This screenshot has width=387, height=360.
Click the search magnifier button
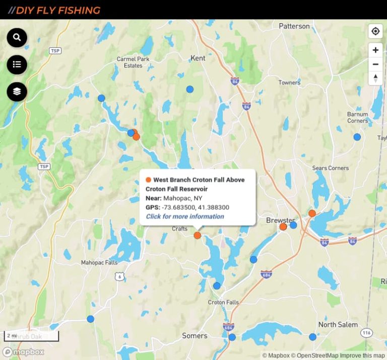tap(17, 38)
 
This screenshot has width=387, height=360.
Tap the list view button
tap(17, 64)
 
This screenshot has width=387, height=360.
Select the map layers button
tap(17, 92)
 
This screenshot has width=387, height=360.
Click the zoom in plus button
tap(375, 50)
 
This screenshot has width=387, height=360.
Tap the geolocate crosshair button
tap(375, 31)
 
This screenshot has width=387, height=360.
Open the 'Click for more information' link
tap(185, 217)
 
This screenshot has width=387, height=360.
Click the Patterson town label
tap(294, 26)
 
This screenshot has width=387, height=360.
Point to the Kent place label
tap(198, 58)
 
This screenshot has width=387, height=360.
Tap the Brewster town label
tap(280, 220)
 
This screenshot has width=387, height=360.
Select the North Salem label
tap(338, 325)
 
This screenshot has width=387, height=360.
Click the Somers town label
tap(195, 336)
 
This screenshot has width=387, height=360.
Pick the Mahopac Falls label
tap(99, 262)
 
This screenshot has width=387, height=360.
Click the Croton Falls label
tap(224, 302)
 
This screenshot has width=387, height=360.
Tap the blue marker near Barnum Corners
tap(357, 137)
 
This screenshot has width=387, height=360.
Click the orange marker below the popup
tap(198, 235)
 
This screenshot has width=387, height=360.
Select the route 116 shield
tap(366, 333)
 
